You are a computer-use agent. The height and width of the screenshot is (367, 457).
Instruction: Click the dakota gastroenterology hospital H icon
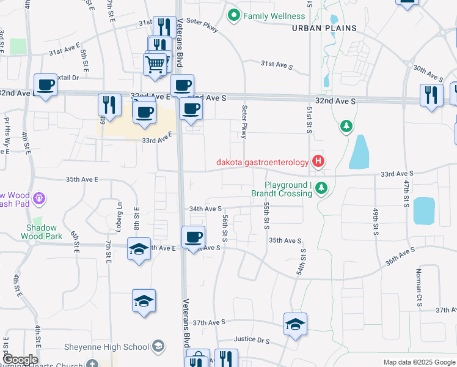(x=318, y=162)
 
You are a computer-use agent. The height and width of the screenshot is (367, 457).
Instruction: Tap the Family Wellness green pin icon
(x=233, y=15)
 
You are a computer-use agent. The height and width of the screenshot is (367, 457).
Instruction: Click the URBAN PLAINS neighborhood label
(x=318, y=28)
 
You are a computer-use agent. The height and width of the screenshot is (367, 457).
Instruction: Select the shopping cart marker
(x=155, y=64)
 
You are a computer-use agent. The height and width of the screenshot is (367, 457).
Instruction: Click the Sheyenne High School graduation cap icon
(x=158, y=347)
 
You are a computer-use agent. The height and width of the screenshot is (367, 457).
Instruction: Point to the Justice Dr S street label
(x=252, y=339)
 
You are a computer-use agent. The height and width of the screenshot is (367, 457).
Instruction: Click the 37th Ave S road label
(x=210, y=322)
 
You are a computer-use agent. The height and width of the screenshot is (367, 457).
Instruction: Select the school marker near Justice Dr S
(x=295, y=324)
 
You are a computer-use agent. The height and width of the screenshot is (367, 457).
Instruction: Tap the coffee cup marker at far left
(x=45, y=86)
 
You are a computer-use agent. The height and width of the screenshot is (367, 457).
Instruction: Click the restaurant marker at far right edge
(x=431, y=95)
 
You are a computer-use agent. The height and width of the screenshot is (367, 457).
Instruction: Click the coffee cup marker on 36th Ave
(x=194, y=237)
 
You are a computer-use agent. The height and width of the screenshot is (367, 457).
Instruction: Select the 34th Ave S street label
(x=205, y=209)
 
